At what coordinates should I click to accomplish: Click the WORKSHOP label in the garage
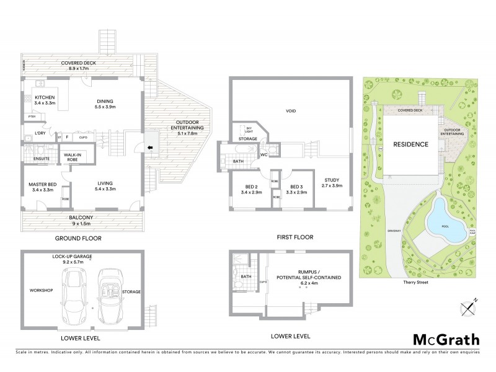(42, 290)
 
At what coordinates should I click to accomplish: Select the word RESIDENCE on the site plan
(410, 144)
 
